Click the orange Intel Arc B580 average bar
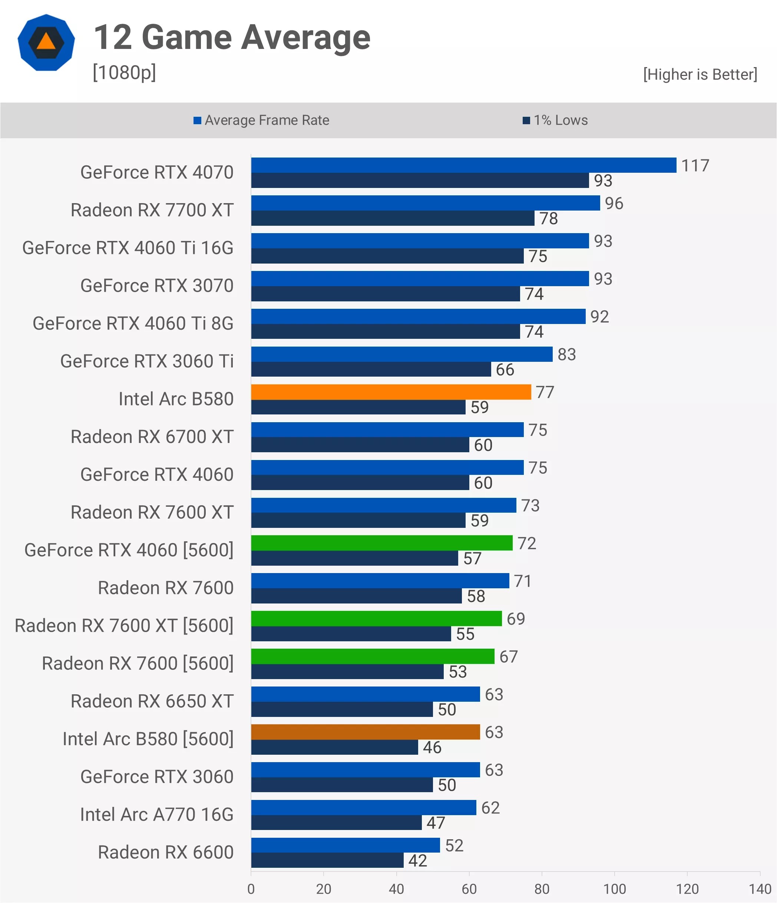coord(391,392)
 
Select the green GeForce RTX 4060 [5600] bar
coord(382,543)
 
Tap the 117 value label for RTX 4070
coord(695,166)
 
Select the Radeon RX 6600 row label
coord(166,852)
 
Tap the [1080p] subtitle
coord(124,72)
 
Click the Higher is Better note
coord(700,75)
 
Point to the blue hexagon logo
coord(46,42)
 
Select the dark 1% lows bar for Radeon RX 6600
coord(327,860)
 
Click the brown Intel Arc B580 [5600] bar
coord(365,732)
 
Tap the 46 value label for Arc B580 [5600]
coord(432,747)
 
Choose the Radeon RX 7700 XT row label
coord(152,210)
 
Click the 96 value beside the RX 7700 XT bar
coord(614,204)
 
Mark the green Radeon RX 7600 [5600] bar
coord(373,656)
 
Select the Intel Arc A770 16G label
coord(157,814)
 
